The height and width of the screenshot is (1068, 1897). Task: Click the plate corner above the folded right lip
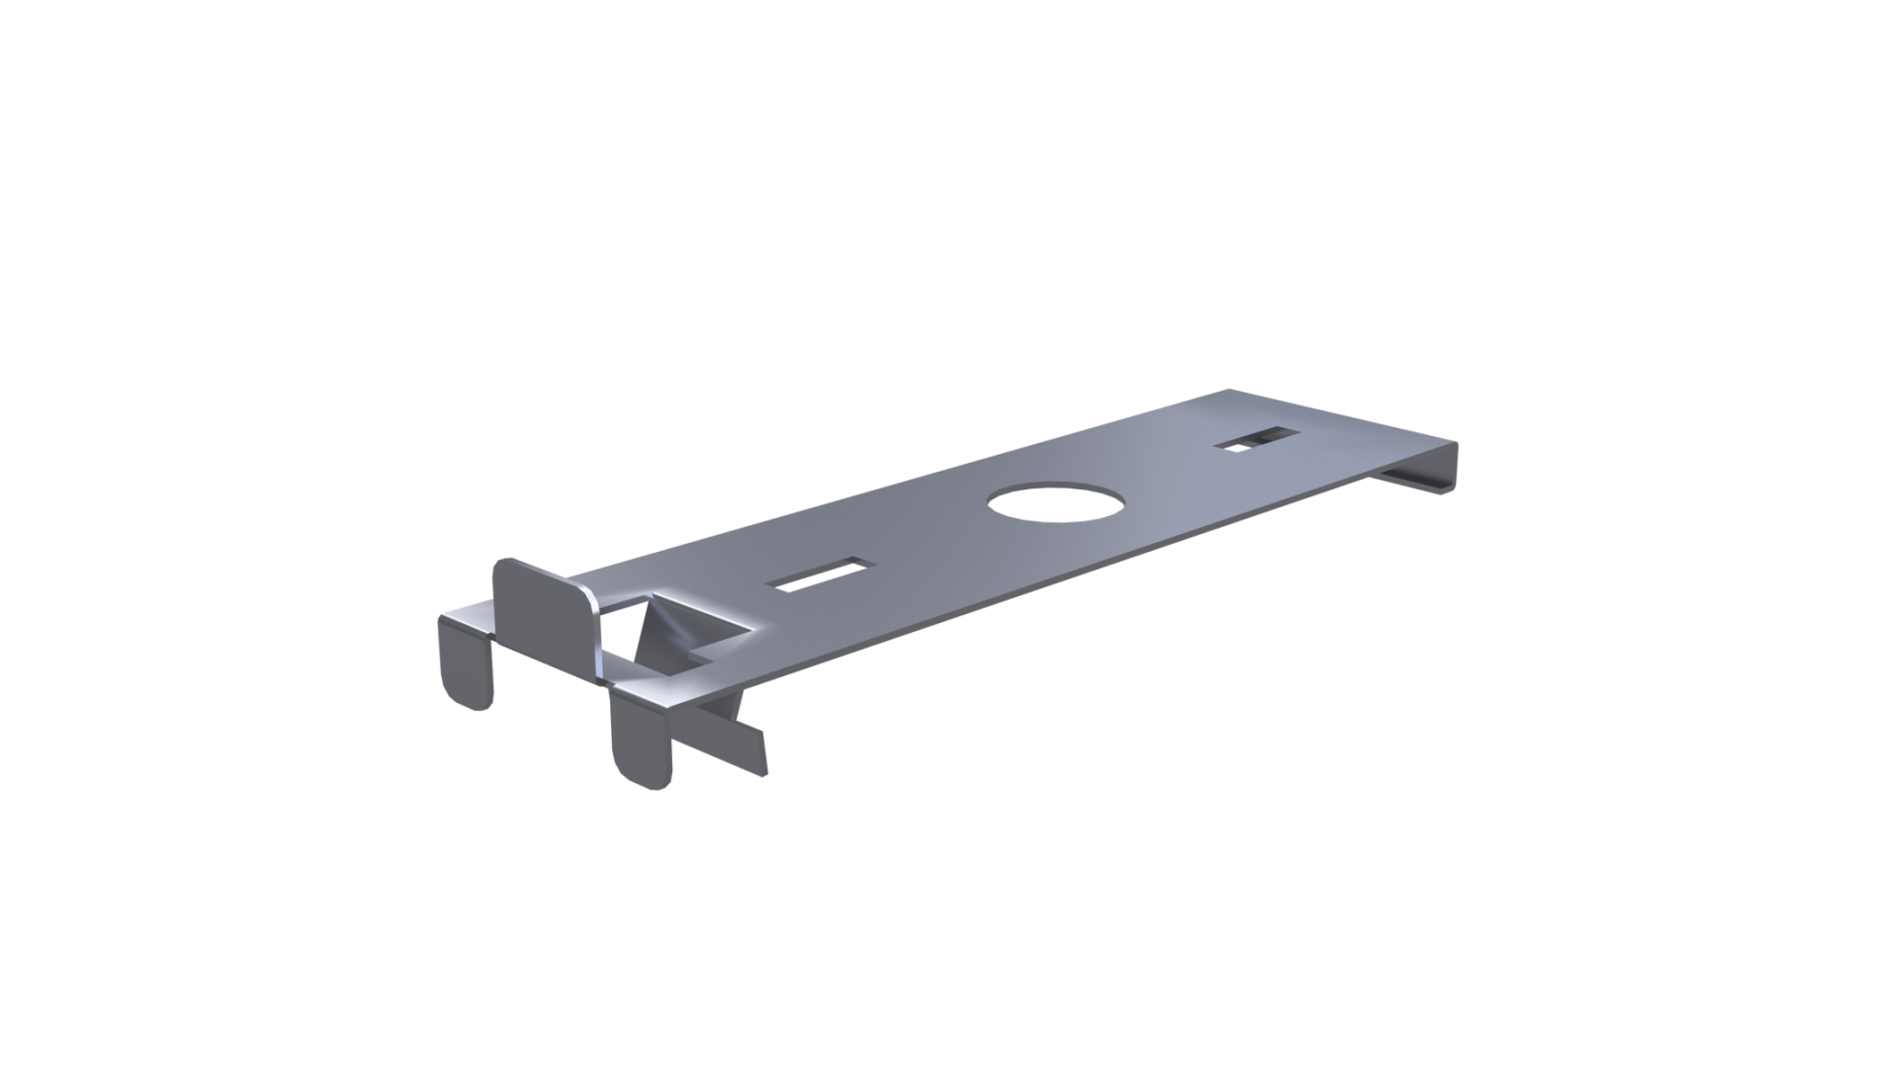point(1453,442)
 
